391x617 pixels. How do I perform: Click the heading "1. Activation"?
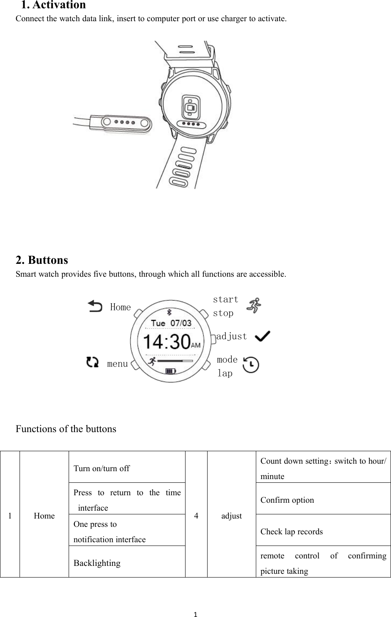(x=54, y=5)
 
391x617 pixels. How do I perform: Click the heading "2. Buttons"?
(x=42, y=260)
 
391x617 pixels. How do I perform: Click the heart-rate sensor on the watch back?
(x=191, y=108)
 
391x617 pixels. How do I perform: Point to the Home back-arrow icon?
(x=95, y=307)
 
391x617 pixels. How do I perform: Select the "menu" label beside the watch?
(x=117, y=364)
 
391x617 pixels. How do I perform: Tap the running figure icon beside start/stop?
(x=254, y=305)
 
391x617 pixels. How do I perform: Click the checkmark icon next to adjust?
(x=262, y=336)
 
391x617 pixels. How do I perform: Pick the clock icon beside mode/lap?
(x=251, y=365)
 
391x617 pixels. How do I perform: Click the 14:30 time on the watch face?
(x=167, y=342)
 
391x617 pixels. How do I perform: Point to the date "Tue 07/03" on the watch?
(x=171, y=323)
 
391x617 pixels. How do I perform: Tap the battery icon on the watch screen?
(x=171, y=371)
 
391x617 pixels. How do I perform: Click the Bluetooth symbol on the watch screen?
(x=169, y=312)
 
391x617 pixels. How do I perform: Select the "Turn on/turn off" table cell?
(x=127, y=468)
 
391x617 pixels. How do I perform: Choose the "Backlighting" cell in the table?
(x=127, y=563)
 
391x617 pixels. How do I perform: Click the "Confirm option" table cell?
(x=323, y=500)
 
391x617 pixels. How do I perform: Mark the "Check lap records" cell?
(x=323, y=531)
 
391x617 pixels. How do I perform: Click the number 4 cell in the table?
(x=196, y=516)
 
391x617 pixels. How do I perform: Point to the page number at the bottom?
(x=195, y=614)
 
